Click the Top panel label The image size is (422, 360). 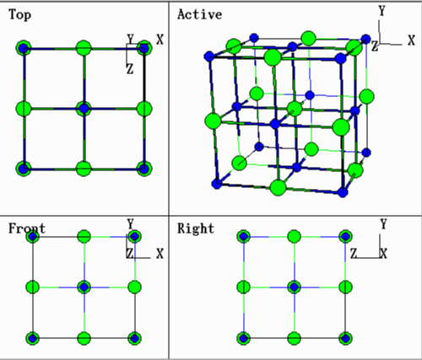point(19,14)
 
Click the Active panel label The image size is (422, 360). point(200,14)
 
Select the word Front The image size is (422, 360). point(27,228)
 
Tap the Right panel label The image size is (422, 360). point(196,228)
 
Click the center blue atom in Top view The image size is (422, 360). point(84,109)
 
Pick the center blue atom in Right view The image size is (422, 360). point(295,287)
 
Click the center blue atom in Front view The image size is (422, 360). point(84,287)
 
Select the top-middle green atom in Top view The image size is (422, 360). point(84,48)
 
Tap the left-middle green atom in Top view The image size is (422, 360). point(24,109)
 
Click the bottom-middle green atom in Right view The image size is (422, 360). point(295,338)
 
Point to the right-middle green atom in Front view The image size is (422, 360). point(135,287)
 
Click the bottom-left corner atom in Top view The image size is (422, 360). point(24,169)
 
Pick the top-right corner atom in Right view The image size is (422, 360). point(345,237)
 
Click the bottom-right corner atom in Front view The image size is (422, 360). point(135,338)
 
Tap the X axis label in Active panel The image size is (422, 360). point(411,40)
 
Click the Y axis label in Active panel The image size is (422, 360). point(381,11)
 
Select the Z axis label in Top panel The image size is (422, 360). point(130,69)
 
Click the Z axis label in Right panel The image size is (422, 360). point(354,254)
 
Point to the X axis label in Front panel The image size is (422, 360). point(160,254)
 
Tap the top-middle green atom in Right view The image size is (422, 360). point(295,237)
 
